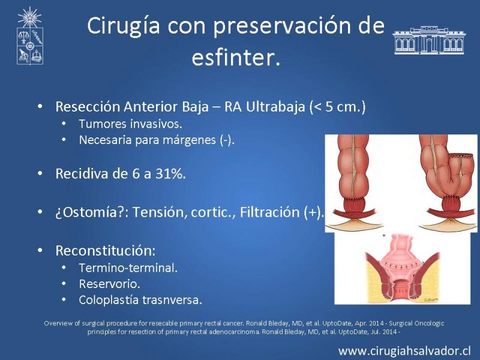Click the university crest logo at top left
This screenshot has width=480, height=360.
[x=29, y=36]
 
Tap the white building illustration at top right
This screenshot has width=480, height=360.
[x=429, y=40]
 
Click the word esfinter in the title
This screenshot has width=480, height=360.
[x=236, y=57]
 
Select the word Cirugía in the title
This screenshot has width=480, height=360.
[x=124, y=26]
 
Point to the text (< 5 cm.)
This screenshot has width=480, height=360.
[x=337, y=107]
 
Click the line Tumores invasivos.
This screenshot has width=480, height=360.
[x=130, y=124]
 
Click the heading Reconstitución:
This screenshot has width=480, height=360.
[x=106, y=251]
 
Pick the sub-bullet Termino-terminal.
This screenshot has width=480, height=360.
[x=128, y=268]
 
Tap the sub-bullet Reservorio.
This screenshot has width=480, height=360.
[x=109, y=284]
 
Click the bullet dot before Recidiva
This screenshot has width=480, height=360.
[x=40, y=173]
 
